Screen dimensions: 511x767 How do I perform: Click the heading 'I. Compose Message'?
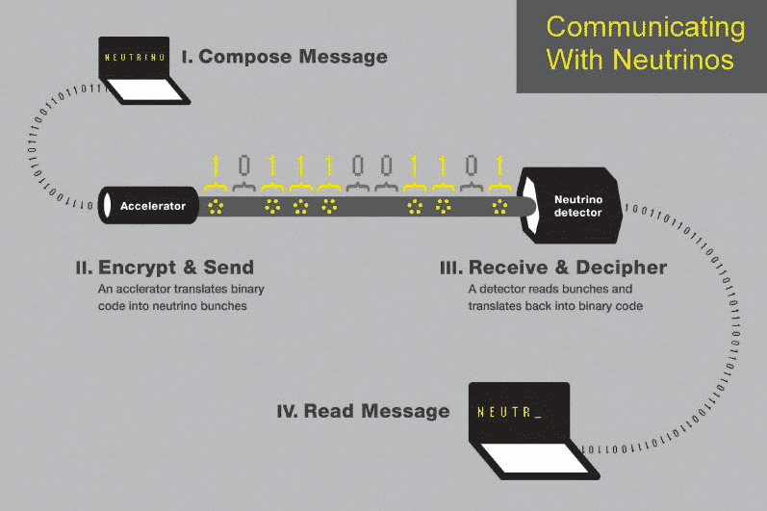284,57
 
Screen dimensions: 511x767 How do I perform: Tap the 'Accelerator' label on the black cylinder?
153,206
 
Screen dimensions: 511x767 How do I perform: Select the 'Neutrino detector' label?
577,206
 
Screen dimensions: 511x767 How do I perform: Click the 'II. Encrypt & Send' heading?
165,267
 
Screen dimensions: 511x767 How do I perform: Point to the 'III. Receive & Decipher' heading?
553,267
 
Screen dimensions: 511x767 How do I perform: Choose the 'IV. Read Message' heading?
363,411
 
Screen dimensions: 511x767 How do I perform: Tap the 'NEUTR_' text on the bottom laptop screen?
509,412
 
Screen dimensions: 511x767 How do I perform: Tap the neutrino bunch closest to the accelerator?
217,206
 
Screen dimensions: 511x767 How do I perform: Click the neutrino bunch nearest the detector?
499,206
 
